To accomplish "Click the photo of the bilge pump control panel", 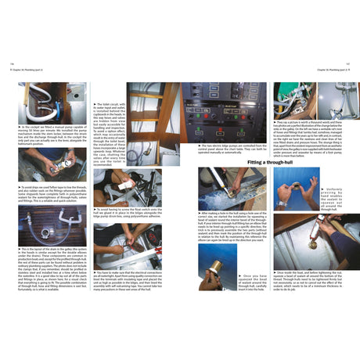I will point(225,113).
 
